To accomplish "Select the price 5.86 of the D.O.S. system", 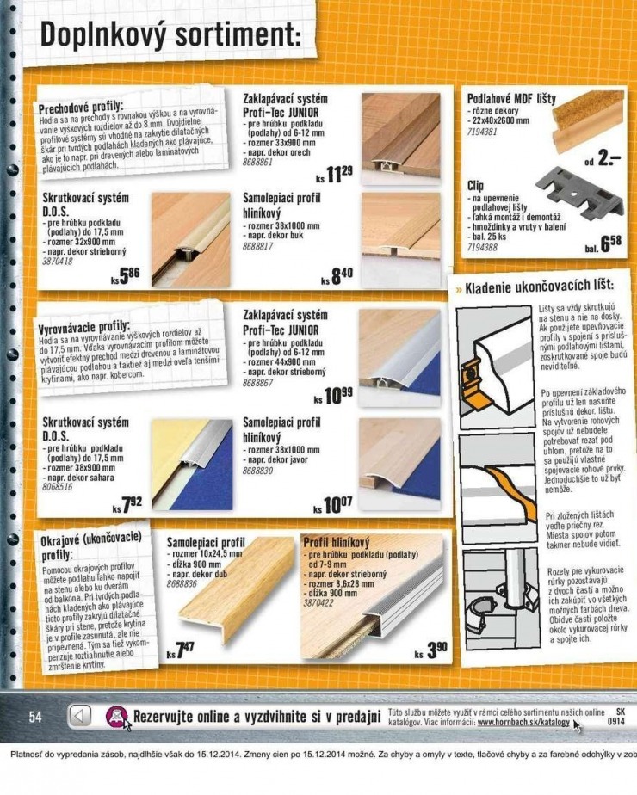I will click(x=126, y=275).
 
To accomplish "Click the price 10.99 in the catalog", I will click(x=335, y=395).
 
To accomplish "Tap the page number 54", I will click(x=35, y=717).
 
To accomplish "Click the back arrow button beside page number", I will click(x=80, y=716).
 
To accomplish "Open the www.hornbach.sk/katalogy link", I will click(x=523, y=723).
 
